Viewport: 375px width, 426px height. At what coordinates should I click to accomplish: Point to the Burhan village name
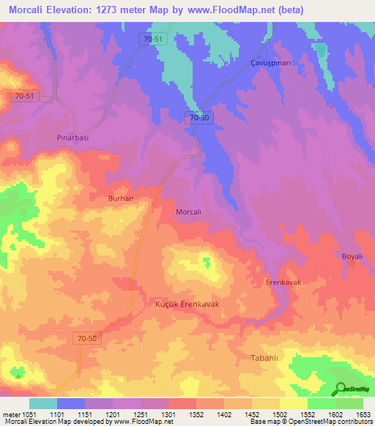pos(120,198)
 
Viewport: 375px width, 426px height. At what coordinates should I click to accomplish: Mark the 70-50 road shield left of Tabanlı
pos(86,337)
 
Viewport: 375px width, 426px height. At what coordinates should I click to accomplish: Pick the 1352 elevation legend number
pos(196,414)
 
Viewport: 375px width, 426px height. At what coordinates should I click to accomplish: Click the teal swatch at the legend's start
pos(42,403)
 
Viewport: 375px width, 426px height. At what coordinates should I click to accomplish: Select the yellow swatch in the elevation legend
pos(293,403)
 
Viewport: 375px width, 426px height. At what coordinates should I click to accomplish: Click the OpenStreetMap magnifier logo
pos(340,389)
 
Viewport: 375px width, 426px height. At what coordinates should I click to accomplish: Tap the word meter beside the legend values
pos(10,414)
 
